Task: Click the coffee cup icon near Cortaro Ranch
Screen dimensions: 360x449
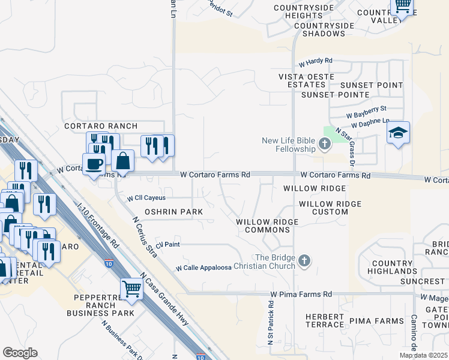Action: click(94, 164)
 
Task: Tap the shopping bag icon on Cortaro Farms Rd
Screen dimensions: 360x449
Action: click(122, 161)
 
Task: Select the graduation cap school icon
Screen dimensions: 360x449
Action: click(398, 133)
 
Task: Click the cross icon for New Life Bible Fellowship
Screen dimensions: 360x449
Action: click(325, 143)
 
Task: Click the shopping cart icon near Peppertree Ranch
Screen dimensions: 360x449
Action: click(131, 289)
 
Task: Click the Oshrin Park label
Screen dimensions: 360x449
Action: click(173, 212)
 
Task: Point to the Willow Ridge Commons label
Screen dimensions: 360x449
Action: click(267, 226)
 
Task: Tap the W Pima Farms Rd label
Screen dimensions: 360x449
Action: click(301, 294)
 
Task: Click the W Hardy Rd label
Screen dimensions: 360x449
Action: click(315, 61)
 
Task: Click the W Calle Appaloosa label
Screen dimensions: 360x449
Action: click(203, 268)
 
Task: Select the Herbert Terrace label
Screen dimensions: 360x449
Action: click(325, 320)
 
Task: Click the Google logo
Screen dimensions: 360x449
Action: click(20, 353)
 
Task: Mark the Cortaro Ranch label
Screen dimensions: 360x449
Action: click(101, 126)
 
